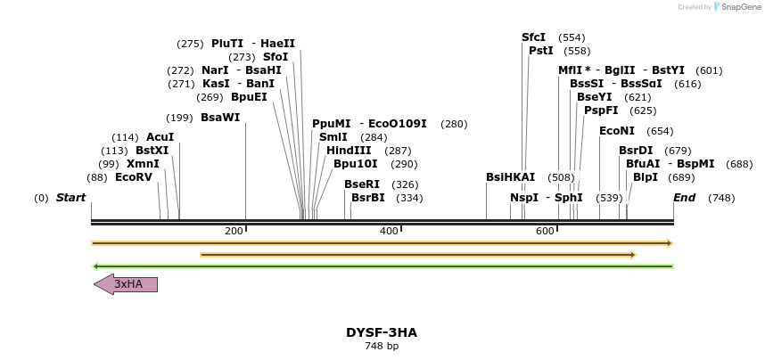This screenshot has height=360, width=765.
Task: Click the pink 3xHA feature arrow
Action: click(x=126, y=284)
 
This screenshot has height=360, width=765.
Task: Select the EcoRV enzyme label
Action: click(x=134, y=177)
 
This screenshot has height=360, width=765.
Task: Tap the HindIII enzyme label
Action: click(x=349, y=151)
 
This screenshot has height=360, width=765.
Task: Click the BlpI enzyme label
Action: click(x=646, y=177)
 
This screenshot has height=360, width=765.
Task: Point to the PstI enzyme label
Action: click(x=541, y=51)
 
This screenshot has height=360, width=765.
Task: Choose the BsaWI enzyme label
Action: click(x=220, y=118)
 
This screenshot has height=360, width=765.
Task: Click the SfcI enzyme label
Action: click(x=533, y=37)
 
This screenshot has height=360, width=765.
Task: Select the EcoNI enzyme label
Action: click(x=617, y=131)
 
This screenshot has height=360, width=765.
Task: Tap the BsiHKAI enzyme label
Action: click(x=511, y=177)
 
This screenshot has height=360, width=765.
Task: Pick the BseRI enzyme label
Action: click(x=362, y=184)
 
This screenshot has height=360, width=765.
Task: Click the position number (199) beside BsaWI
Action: click(x=179, y=118)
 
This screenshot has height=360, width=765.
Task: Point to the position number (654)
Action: click(x=661, y=131)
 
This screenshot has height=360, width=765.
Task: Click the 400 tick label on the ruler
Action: click(x=389, y=232)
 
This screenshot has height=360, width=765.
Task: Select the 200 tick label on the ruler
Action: click(x=234, y=232)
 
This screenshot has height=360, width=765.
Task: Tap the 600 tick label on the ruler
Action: click(x=545, y=232)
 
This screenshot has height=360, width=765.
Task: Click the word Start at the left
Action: click(x=71, y=198)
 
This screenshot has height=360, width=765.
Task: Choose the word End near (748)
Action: click(x=684, y=198)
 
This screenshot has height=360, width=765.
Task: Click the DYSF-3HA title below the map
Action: click(x=382, y=332)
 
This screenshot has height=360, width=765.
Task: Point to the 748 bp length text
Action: click(x=382, y=346)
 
